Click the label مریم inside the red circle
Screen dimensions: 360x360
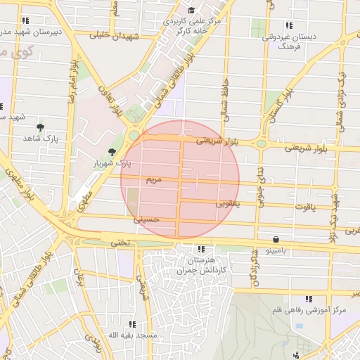pyautogui.click(x=153, y=181)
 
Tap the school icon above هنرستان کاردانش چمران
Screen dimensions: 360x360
pyautogui.click(x=202, y=249)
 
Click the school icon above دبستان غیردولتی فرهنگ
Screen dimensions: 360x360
pyautogui.click(x=288, y=26)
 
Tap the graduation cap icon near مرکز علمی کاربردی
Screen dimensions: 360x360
pyautogui.click(x=192, y=11)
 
